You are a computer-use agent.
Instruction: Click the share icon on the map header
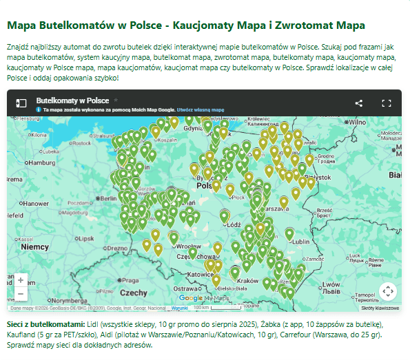point(359,103)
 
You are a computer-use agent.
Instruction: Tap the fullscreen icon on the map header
point(387,103)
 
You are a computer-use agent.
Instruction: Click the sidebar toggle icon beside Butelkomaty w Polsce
point(21,103)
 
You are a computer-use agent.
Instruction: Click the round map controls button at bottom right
point(387,290)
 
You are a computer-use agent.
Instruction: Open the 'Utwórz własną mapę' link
point(201,109)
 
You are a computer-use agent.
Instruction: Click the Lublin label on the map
point(301,242)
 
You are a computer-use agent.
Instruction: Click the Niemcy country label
point(34,246)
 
